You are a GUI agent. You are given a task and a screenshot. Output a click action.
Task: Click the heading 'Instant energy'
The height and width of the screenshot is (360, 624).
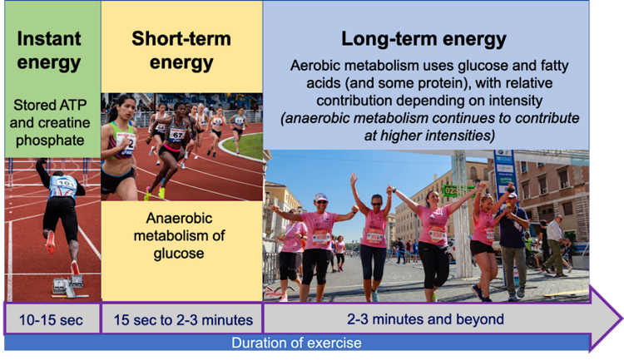[x=49, y=51]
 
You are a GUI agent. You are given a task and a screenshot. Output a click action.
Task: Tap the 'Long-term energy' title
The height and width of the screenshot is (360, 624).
[x=424, y=38]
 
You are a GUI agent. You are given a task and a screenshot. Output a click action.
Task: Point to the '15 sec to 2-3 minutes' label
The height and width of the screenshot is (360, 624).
[x=181, y=319]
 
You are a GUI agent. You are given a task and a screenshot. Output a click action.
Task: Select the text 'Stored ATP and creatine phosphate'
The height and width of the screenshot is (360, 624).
[x=49, y=122]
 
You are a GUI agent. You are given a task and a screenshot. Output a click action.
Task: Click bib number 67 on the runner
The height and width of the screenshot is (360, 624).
[x=176, y=133]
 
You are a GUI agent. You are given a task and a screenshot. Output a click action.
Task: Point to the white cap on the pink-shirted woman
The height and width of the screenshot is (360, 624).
[x=321, y=197]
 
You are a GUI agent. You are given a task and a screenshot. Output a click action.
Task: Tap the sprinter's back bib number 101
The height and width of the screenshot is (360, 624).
[x=62, y=181]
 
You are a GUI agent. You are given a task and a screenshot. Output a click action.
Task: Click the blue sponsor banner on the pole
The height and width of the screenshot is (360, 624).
[x=504, y=171]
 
